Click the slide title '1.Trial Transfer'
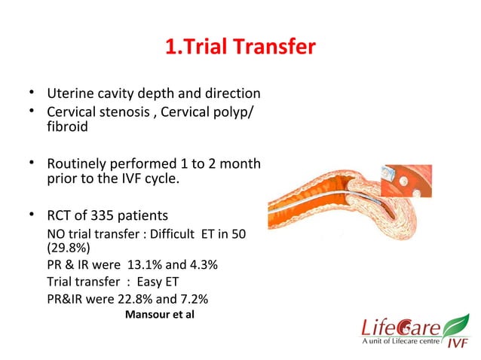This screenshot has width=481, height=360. [x=240, y=48]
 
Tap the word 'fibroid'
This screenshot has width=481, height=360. [x=67, y=127]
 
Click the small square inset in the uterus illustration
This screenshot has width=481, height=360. [x=406, y=182]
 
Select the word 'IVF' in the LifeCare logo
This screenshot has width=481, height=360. [x=455, y=345]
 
